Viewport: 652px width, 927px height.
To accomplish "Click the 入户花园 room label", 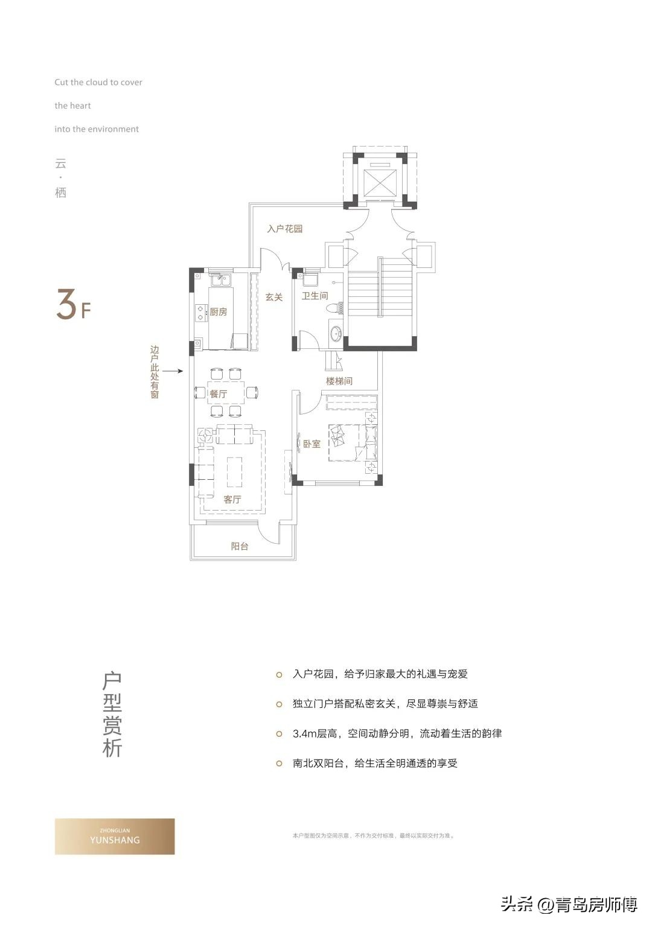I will (x=284, y=229).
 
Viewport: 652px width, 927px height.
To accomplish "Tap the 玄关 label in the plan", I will (x=274, y=297).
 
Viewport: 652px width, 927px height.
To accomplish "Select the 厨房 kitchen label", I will (x=219, y=312).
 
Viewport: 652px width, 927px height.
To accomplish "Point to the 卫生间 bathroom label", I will (x=315, y=296).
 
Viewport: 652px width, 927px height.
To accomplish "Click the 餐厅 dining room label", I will (x=219, y=394).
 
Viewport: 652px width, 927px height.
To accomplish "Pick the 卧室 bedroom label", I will (x=312, y=444).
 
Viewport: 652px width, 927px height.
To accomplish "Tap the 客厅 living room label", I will (x=232, y=499).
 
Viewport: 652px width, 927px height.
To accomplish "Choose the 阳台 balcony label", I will (x=240, y=546).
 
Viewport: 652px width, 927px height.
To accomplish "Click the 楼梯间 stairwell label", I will (x=339, y=381).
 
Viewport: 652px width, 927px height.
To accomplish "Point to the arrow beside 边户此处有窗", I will (x=173, y=371).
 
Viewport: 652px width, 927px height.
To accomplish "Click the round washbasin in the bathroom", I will (x=336, y=333).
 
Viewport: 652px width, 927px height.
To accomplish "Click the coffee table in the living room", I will (x=234, y=472).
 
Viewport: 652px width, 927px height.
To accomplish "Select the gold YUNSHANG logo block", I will (x=115, y=836).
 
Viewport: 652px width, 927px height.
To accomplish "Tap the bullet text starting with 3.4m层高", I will (x=397, y=734).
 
